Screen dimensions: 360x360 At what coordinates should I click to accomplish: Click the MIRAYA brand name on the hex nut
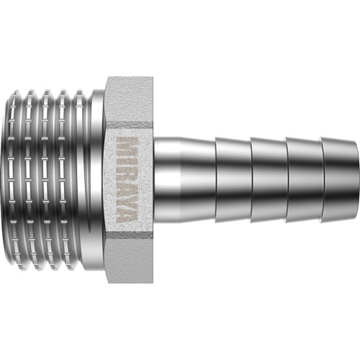tap(127, 180)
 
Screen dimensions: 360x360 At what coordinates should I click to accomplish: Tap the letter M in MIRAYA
tap(127, 146)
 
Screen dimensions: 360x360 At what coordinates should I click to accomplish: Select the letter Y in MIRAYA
tap(127, 199)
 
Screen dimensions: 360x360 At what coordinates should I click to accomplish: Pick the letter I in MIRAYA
tap(127, 160)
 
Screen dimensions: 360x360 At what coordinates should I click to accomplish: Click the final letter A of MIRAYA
tap(127, 215)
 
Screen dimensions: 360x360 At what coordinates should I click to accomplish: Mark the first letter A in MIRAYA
tap(127, 186)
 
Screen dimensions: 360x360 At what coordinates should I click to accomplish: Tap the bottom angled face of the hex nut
tap(130, 258)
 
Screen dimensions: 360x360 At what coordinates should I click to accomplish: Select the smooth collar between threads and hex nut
tap(98, 180)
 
